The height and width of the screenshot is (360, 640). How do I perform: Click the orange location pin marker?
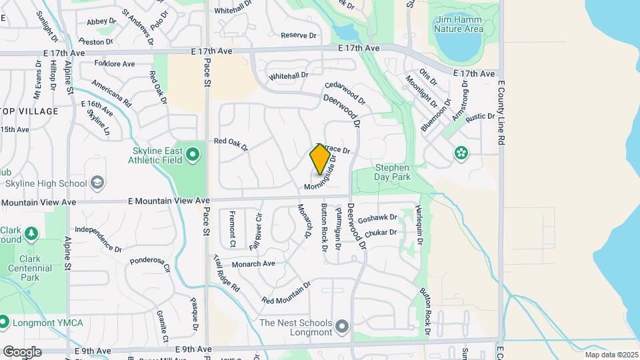point(320,159)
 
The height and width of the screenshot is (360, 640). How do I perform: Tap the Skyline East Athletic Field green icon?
point(193,155)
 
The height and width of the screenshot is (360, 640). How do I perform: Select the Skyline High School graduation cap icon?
point(97,183)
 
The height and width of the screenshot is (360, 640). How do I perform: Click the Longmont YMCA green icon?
point(3,323)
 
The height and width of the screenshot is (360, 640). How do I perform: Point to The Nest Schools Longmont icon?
point(343,326)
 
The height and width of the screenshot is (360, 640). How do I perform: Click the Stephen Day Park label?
point(392,172)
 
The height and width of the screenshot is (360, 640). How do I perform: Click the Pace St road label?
point(207,73)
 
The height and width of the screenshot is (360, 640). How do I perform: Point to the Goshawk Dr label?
point(377,218)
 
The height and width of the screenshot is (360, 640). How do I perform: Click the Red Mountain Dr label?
point(287,293)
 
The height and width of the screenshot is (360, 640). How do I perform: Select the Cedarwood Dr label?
point(345,93)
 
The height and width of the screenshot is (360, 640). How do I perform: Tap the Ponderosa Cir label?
point(150,265)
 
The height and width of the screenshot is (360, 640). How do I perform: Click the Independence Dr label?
point(98,239)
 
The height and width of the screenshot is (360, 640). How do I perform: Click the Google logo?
point(22,351)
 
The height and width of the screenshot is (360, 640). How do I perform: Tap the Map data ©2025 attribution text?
point(611,354)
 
